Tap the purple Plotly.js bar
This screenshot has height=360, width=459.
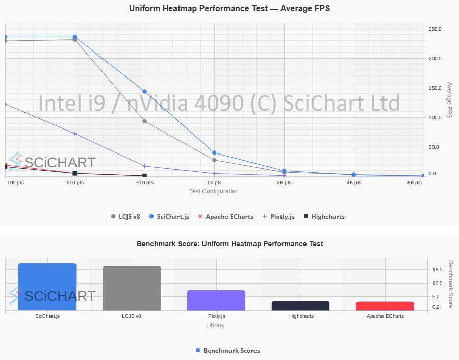(x=216, y=300)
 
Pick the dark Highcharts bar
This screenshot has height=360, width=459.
(x=300, y=306)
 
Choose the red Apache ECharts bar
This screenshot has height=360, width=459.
(x=385, y=306)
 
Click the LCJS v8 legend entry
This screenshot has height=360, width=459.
(x=125, y=217)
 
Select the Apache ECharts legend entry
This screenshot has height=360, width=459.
(x=225, y=217)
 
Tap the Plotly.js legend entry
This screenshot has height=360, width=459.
(x=278, y=217)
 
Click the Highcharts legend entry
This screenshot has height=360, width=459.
(x=324, y=217)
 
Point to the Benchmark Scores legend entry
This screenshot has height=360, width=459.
(x=228, y=351)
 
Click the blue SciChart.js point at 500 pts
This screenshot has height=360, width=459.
(x=145, y=92)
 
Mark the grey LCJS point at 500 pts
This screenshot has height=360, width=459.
(x=145, y=121)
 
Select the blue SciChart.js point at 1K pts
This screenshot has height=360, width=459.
(x=214, y=153)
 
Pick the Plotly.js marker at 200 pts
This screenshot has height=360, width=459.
(x=75, y=134)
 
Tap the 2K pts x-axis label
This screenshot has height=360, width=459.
(x=284, y=183)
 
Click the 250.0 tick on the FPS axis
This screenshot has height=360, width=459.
(x=435, y=29)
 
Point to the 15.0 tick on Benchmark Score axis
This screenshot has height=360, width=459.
(x=437, y=270)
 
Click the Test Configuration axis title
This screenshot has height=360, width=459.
(x=214, y=192)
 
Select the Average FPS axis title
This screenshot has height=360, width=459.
(x=449, y=100)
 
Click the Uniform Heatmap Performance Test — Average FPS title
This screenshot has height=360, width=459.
(x=229, y=9)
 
